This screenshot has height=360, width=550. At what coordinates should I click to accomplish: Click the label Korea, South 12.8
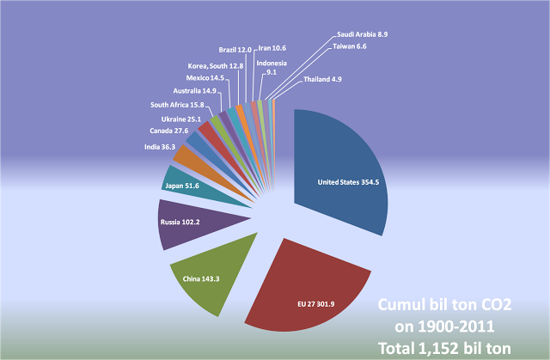click(x=216, y=65)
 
